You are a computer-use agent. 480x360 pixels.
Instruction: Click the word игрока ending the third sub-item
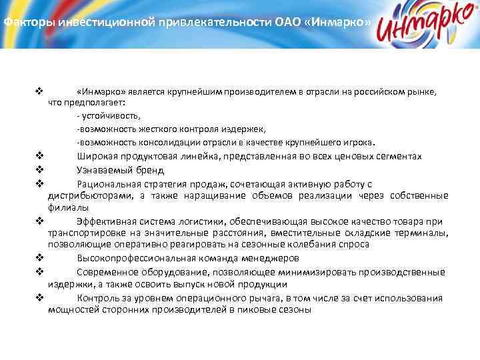360,142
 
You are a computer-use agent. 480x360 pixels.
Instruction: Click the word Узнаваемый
103,169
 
